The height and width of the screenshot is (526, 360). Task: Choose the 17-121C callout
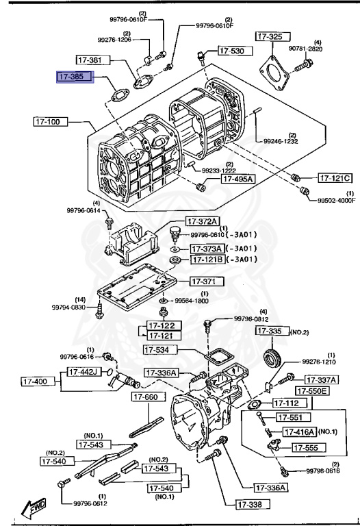(x=335, y=178)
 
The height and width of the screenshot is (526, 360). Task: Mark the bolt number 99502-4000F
(x=336, y=201)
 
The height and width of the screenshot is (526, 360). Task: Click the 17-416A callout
(x=298, y=431)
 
